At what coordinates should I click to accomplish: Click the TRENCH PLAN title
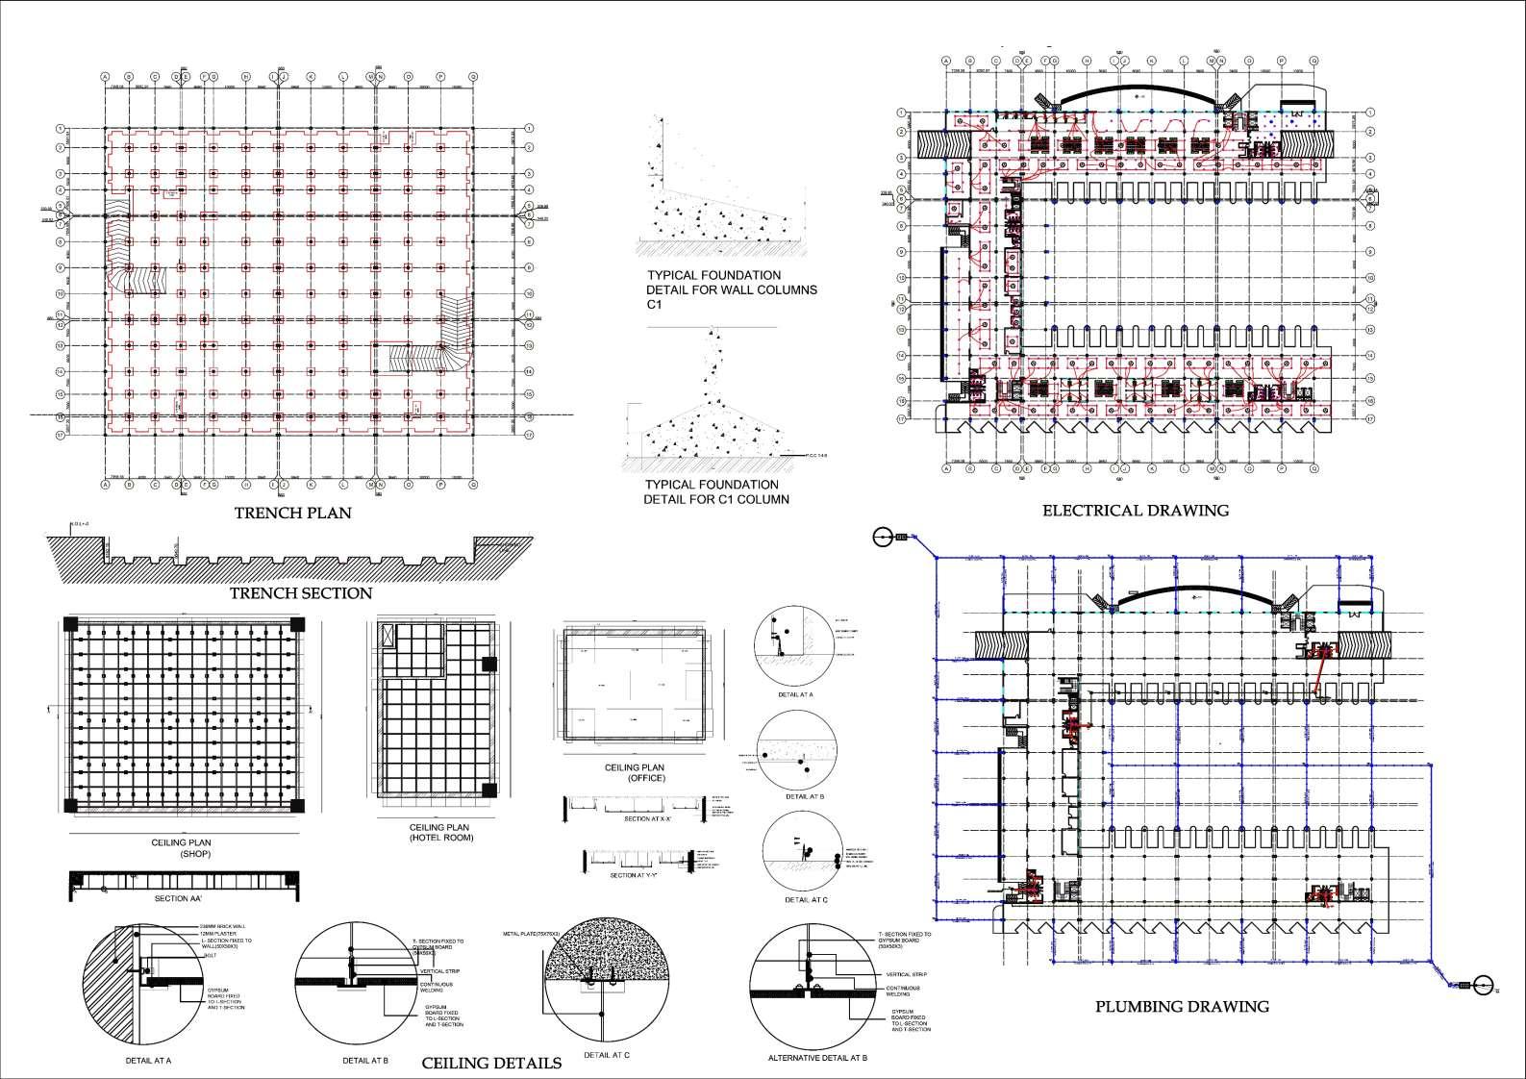(x=292, y=514)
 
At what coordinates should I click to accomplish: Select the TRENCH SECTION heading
(x=300, y=593)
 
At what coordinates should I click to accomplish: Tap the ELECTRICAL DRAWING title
(x=1136, y=511)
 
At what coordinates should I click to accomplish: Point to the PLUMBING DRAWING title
(x=1182, y=1007)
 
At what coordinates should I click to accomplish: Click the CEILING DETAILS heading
(x=491, y=1063)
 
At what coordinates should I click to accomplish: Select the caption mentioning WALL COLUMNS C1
(x=732, y=289)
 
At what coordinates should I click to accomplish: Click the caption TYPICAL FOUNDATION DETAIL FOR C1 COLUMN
(x=716, y=491)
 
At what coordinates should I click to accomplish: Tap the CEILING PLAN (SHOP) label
(x=181, y=848)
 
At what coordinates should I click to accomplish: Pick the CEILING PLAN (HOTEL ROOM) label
(x=439, y=832)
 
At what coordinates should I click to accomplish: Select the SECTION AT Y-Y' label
(x=634, y=876)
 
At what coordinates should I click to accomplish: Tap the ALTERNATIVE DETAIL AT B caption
(x=818, y=1058)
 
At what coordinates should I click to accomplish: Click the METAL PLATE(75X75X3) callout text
(x=538, y=934)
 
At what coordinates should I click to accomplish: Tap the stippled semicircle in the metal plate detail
(x=601, y=952)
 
